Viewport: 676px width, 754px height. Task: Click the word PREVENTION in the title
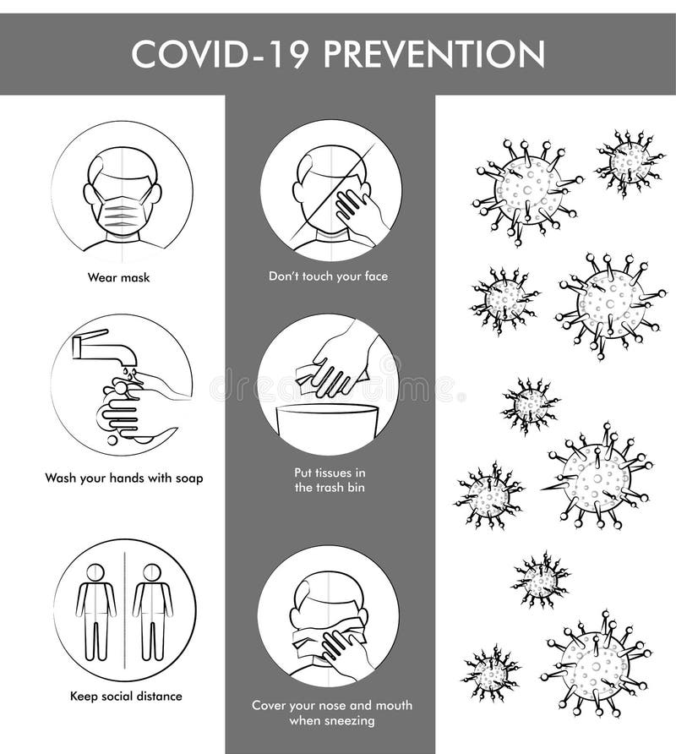(x=434, y=54)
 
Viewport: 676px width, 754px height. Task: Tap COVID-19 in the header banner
(x=221, y=54)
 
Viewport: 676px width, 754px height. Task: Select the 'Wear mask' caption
(x=118, y=276)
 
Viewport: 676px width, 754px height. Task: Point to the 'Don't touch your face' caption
(x=328, y=276)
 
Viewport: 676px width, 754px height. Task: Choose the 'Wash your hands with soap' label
(x=123, y=478)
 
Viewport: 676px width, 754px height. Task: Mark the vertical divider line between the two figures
(x=124, y=609)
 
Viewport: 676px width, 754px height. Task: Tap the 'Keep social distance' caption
(x=126, y=697)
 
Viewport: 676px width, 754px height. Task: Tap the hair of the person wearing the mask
(x=123, y=162)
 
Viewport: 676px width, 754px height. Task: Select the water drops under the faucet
(x=126, y=372)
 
